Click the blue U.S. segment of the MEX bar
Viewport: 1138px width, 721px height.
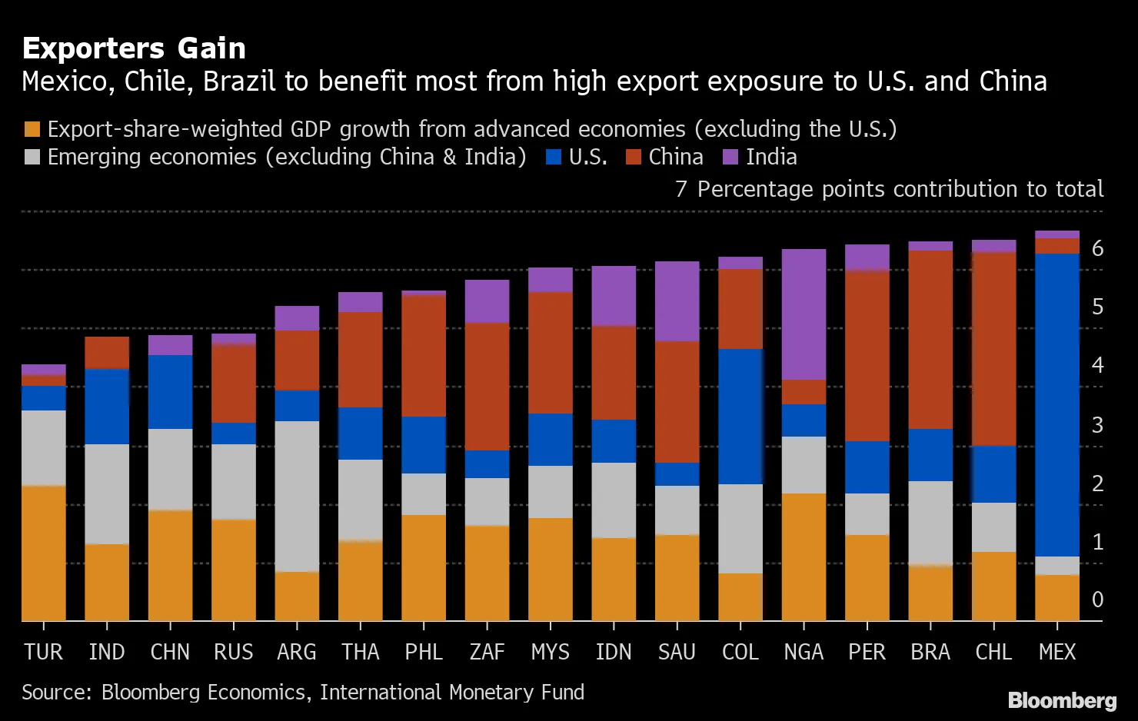coord(1057,405)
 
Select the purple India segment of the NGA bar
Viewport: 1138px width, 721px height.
coord(804,314)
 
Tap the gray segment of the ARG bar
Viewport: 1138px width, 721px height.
coord(297,497)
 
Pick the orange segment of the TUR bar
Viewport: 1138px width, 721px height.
coord(44,553)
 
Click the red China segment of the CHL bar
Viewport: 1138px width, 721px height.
coord(993,349)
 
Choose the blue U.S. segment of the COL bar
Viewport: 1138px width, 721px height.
coord(740,417)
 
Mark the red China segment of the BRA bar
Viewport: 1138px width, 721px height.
coord(930,340)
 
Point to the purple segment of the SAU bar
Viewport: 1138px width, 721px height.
coord(677,301)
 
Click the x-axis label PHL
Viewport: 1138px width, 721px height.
coord(424,653)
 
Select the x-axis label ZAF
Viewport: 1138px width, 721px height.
coord(487,653)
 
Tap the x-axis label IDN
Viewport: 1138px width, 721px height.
coord(614,653)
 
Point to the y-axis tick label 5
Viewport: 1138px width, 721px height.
coord(1097,307)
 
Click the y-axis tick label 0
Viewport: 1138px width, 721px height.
coord(1097,600)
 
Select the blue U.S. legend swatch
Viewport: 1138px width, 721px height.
coord(554,158)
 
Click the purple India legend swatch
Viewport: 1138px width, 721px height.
coord(731,158)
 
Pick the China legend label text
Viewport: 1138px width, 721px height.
coord(676,157)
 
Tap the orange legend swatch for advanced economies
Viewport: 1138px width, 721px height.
coord(32,129)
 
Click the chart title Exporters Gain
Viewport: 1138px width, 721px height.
coord(134,48)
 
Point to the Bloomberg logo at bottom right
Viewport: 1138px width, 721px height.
coord(1062,700)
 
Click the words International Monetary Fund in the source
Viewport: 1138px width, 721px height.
coord(452,693)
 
